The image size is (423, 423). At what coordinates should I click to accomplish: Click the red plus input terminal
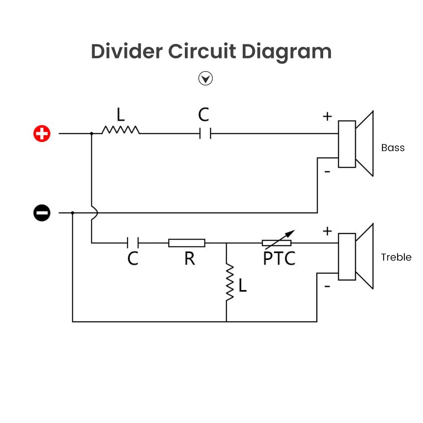coord(42,134)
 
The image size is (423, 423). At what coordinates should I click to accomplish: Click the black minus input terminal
coord(42,213)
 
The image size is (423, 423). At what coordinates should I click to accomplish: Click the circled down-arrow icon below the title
coord(206,78)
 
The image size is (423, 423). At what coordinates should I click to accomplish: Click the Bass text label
coord(393,148)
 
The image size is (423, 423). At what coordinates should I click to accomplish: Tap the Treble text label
coord(396,257)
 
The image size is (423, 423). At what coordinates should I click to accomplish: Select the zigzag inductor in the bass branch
coord(121,129)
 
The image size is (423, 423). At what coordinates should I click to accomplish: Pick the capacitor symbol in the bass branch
coord(205,134)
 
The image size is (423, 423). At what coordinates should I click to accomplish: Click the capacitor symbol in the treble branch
coord(133,243)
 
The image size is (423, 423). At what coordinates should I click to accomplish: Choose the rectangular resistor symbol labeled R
coord(187,243)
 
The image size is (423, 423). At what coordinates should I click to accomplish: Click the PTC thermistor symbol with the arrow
coord(277,242)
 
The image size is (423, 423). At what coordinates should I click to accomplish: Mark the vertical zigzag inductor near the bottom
coord(230,283)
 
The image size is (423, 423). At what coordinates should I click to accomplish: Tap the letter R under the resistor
coord(190,258)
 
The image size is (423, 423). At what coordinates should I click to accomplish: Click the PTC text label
coord(279,258)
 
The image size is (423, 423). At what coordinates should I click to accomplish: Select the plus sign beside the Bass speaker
coord(327,116)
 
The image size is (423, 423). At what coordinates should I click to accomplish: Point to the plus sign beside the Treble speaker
coord(327,231)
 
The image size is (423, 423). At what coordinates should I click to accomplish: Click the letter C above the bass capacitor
coord(203,115)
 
